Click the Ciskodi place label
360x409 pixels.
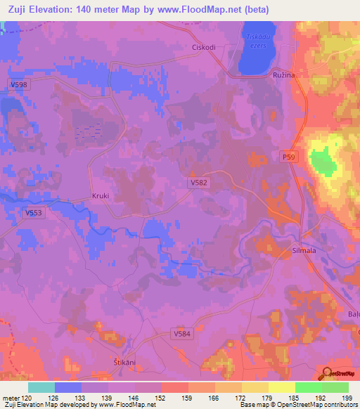pyautogui.click(x=204, y=48)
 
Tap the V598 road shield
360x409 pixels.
pyautogui.click(x=19, y=85)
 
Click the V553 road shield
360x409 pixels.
pyautogui.click(x=33, y=213)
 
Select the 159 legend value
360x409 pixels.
pyautogui.click(x=188, y=398)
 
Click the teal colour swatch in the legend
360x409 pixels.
pyautogui.click(x=41, y=387)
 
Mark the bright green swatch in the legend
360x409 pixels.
pyautogui.click(x=309, y=387)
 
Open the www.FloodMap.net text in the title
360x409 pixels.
pyautogui.click(x=205, y=10)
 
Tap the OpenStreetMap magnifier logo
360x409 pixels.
pyautogui.click(x=328, y=373)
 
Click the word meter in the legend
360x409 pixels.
pyautogui.click(x=11, y=398)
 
